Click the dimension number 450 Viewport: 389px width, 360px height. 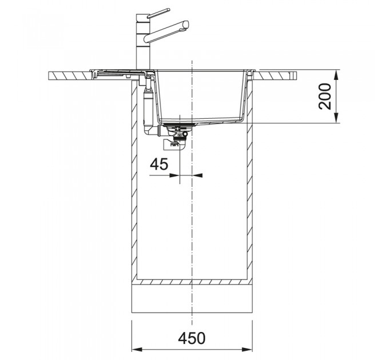click(192, 338)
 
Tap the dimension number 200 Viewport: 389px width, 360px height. click(325, 97)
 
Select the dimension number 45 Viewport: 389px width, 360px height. click(159, 164)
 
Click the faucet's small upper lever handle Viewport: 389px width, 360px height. click(158, 13)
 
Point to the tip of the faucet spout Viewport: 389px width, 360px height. click(186, 26)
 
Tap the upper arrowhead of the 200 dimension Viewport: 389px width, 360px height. click(336, 75)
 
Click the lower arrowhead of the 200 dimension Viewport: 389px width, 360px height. click(336, 118)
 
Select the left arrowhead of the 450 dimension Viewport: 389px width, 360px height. click(137, 350)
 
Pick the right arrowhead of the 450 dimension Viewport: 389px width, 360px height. click(247, 350)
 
